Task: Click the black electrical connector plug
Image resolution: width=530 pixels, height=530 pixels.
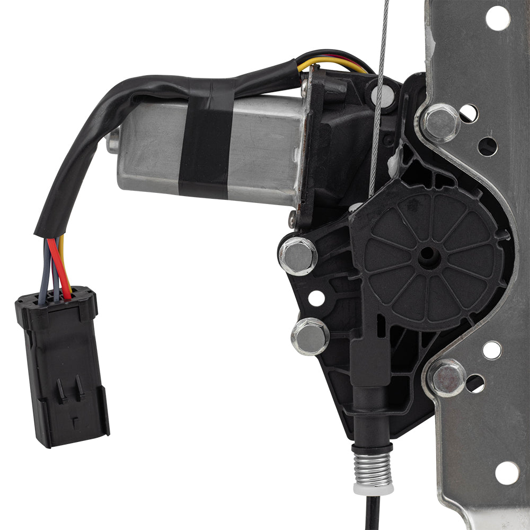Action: point(63,366)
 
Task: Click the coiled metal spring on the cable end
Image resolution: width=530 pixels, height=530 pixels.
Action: point(373,466)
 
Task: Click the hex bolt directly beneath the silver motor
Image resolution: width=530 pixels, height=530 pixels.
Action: point(297,255)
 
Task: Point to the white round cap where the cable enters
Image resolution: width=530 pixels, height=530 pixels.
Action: point(383,96)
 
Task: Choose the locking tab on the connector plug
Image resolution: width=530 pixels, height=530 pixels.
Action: point(72,390)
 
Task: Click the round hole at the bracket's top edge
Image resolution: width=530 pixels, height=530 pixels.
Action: point(497,18)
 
